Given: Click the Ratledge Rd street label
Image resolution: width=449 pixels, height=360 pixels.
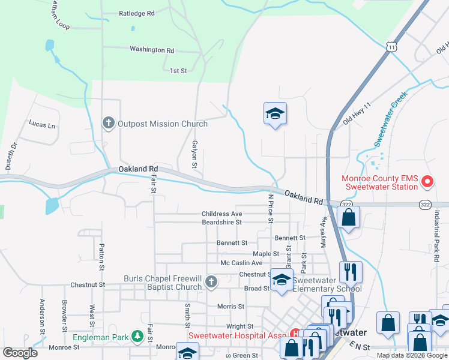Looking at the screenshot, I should pyautogui.click(x=136, y=13).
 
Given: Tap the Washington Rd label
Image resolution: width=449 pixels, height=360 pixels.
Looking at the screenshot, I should pyautogui.click(x=151, y=50).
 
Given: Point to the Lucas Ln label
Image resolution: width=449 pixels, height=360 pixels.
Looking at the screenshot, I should pyautogui.click(x=42, y=125).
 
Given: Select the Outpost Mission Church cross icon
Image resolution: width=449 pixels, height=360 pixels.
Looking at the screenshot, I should pyautogui.click(x=109, y=124).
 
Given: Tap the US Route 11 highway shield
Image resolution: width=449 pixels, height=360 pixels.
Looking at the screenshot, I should pyautogui.click(x=391, y=46).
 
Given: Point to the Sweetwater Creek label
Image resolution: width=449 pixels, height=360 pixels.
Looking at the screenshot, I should pyautogui.click(x=391, y=119).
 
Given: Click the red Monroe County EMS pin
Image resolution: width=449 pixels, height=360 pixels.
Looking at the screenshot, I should pyautogui.click(x=427, y=181).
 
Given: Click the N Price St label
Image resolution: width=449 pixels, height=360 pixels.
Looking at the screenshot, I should pyautogui.click(x=271, y=208).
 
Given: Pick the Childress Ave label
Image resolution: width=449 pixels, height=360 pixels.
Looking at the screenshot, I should pyautogui.click(x=221, y=214).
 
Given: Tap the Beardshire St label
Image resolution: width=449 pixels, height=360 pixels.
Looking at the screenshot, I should pyautogui.click(x=221, y=222).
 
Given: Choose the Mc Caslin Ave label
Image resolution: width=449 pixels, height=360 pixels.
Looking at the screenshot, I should pyautogui.click(x=241, y=263).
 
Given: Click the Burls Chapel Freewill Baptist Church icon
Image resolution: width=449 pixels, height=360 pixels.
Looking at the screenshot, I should pyautogui.click(x=210, y=281).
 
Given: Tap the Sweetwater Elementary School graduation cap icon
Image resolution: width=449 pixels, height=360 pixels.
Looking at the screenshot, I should pyautogui.click(x=282, y=280).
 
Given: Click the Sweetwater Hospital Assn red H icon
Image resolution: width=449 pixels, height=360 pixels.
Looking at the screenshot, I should pyautogui.click(x=295, y=334).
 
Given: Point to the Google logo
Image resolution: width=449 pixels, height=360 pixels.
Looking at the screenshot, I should pyautogui.click(x=19, y=353).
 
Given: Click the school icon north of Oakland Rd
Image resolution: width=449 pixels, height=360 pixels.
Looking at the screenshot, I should pyautogui.click(x=275, y=113).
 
